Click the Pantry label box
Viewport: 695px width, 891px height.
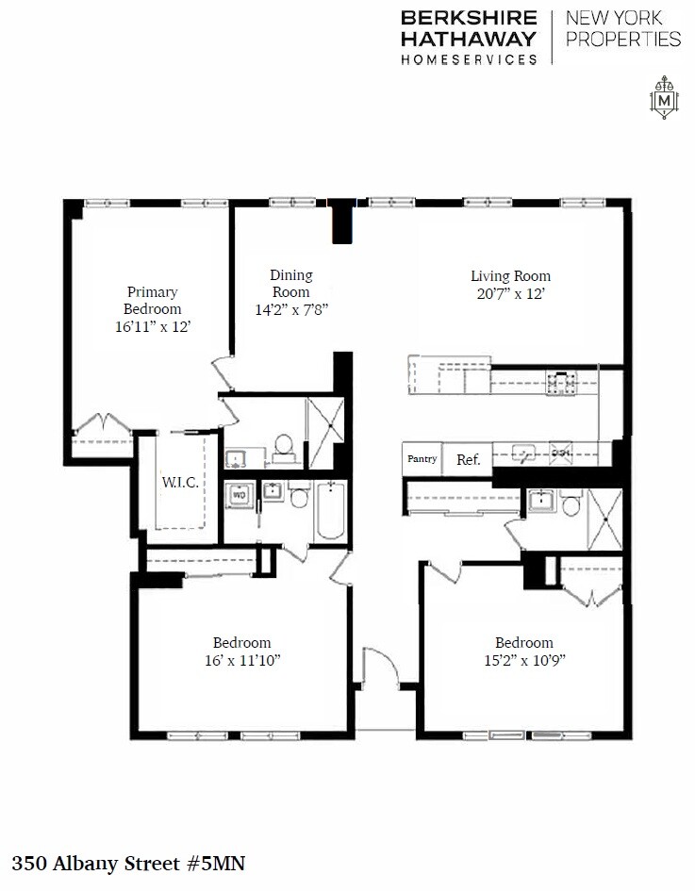[422, 459]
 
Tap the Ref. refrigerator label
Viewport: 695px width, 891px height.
[468, 460]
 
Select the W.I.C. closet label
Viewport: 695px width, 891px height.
[179, 483]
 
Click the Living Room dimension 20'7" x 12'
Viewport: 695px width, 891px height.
[510, 294]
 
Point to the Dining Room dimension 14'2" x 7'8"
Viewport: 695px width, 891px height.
[290, 308]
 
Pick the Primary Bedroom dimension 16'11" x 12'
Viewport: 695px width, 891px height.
[153, 326]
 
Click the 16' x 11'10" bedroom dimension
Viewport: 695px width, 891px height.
[241, 660]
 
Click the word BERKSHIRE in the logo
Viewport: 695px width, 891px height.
[469, 18]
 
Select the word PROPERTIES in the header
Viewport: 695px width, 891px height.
[622, 39]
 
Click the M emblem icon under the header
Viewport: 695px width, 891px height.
[666, 98]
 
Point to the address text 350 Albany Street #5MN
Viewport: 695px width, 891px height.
[128, 862]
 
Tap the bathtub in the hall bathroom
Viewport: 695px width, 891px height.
[330, 511]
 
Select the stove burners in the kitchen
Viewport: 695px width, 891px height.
[562, 382]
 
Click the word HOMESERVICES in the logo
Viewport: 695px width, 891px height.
[469, 58]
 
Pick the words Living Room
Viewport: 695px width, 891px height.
[510, 276]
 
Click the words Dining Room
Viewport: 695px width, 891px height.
[290, 283]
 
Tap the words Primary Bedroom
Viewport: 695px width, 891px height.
[153, 300]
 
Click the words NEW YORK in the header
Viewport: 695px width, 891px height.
[613, 18]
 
